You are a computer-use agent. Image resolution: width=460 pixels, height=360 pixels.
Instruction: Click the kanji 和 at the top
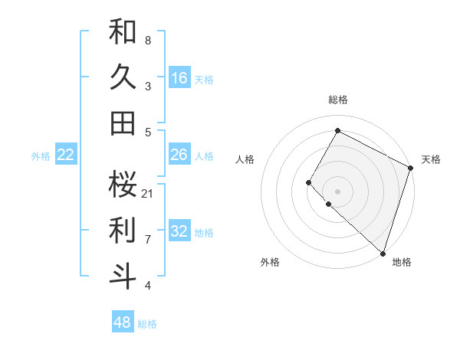[x=123, y=31]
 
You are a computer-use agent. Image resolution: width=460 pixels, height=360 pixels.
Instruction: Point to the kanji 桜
[x=123, y=184]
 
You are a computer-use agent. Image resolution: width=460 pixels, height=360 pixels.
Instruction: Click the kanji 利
[x=123, y=230]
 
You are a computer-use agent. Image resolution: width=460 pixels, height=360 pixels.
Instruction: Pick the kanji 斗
[x=123, y=276]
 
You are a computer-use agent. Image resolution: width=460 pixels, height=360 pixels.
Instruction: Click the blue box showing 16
[x=179, y=77]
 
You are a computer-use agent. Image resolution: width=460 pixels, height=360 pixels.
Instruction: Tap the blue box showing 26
[x=179, y=155]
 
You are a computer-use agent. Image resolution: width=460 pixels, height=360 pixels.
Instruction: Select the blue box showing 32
[x=179, y=231]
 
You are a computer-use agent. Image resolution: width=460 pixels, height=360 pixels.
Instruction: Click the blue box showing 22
[x=66, y=155]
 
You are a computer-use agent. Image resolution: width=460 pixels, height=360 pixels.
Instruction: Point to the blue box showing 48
[x=123, y=322]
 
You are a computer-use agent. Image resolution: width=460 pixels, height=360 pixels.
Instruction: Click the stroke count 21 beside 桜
[x=148, y=193]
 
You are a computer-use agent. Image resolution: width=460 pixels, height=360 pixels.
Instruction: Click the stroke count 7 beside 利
[x=148, y=239]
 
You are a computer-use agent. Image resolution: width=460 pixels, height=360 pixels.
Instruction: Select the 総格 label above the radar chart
[x=337, y=100]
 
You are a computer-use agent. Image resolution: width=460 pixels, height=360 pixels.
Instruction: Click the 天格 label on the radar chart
[x=431, y=159]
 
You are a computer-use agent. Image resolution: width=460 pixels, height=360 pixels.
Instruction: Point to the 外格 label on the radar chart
[x=270, y=262]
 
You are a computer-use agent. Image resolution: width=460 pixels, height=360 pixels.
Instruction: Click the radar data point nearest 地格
[x=383, y=254]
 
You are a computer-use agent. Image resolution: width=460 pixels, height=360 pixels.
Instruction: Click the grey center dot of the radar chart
[x=337, y=191]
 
